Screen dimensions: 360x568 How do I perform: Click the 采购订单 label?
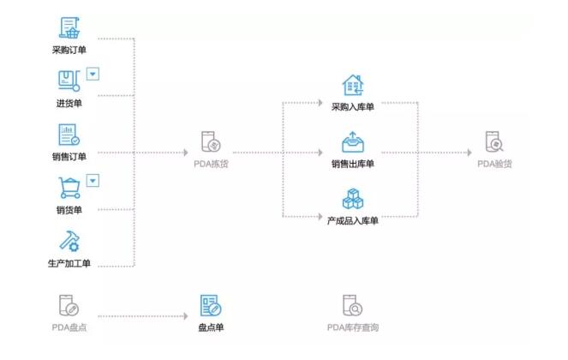pyautogui.click(x=69, y=50)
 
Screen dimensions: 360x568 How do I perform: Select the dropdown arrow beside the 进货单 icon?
pyautogui.click(x=93, y=74)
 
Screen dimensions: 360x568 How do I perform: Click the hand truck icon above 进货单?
pyautogui.click(x=69, y=81)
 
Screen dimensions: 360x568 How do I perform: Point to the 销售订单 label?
pyautogui.click(x=69, y=157)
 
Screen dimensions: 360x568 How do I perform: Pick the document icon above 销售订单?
pyautogui.click(x=69, y=135)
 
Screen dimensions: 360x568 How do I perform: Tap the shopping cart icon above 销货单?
pyautogui.click(x=69, y=188)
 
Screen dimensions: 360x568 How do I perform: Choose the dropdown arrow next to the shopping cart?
pyautogui.click(x=93, y=180)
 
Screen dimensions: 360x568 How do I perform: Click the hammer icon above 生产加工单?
pyautogui.click(x=69, y=241)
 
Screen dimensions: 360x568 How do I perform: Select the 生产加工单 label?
pyautogui.click(x=69, y=263)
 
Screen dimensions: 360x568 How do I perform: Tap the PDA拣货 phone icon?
pyautogui.click(x=210, y=141)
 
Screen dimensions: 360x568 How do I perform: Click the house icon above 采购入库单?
pyautogui.click(x=352, y=86)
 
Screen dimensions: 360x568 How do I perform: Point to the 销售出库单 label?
pyautogui.click(x=352, y=164)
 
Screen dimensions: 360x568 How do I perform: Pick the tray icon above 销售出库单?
pyautogui.click(x=352, y=141)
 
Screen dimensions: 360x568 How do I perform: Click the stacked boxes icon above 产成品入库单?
pyautogui.click(x=352, y=199)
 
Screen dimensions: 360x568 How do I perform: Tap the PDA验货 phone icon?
pyautogui.click(x=494, y=141)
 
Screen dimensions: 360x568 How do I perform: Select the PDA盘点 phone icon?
pyautogui.click(x=69, y=305)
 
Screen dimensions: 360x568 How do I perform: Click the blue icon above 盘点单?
pyautogui.click(x=210, y=305)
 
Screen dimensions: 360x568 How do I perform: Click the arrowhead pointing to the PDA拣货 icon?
pyautogui.click(x=184, y=153)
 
